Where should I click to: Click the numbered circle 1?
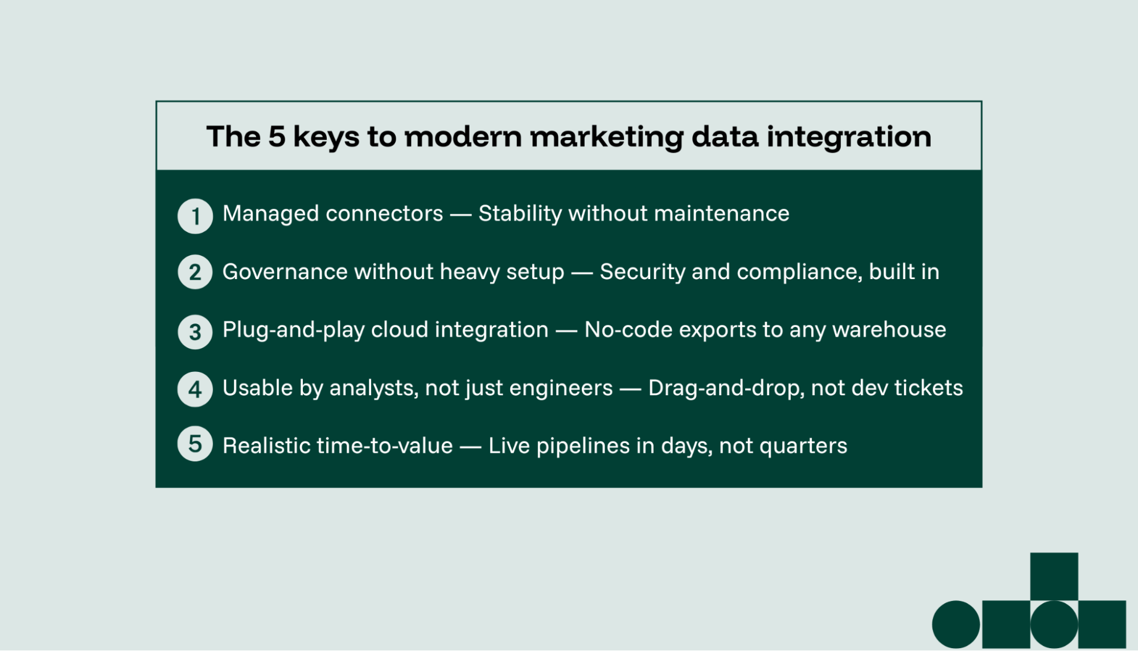click(x=195, y=216)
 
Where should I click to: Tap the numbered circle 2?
click(x=195, y=272)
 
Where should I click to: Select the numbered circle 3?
click(x=195, y=332)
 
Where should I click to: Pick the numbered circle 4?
click(x=195, y=390)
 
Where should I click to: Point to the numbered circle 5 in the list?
click(x=195, y=444)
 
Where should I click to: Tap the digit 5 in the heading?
click(x=277, y=137)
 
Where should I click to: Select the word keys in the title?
click(x=326, y=137)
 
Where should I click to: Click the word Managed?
click(x=270, y=214)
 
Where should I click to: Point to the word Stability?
click(x=520, y=214)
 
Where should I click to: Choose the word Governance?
click(x=285, y=272)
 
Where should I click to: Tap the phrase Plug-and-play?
click(x=293, y=330)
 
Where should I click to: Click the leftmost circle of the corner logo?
click(x=956, y=624)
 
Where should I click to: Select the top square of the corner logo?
click(x=1054, y=576)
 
